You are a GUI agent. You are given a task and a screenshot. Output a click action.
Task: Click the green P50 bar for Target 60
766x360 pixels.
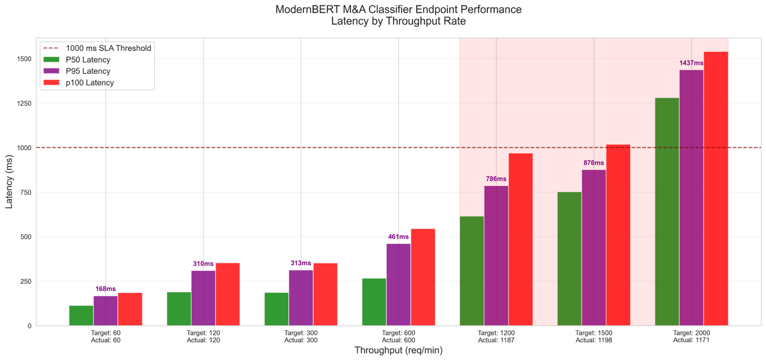(x=81, y=316)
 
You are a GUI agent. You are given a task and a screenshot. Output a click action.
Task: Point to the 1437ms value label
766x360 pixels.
(x=691, y=63)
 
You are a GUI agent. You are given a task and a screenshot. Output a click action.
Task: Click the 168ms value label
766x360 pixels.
(x=106, y=289)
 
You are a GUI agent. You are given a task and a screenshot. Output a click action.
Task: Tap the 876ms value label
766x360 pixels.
(x=594, y=163)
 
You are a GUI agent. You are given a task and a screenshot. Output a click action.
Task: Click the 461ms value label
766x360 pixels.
(x=398, y=237)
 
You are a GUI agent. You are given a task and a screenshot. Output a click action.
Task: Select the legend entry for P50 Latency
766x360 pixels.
(x=92, y=59)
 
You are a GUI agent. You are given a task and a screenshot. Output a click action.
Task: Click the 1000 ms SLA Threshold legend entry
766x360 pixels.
(x=111, y=48)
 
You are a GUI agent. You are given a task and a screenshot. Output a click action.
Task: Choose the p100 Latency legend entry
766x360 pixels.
(x=93, y=82)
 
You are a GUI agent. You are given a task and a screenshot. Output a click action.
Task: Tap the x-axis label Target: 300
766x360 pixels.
(x=301, y=333)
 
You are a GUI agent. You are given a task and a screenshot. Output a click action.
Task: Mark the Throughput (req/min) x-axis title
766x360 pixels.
(x=398, y=350)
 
